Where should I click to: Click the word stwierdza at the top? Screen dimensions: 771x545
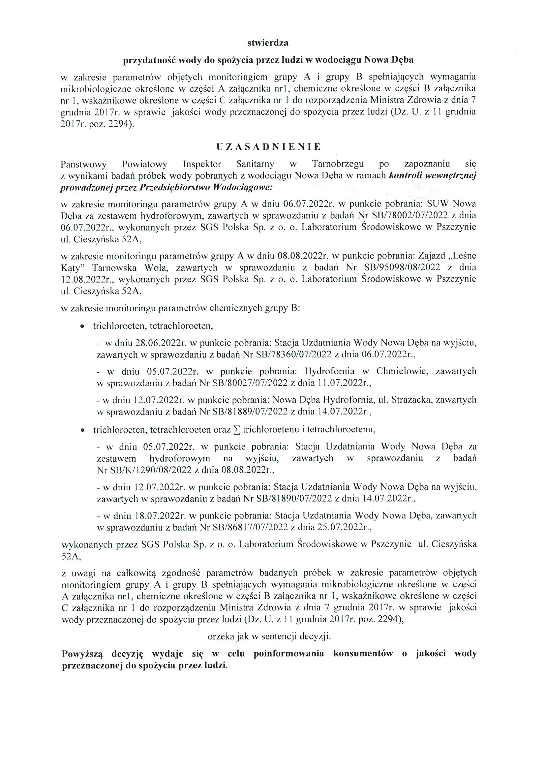pyautogui.click(x=268, y=43)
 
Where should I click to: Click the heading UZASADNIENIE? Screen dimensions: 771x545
pyautogui.click(x=268, y=147)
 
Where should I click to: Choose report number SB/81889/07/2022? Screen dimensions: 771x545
pyautogui.click(x=248, y=411)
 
